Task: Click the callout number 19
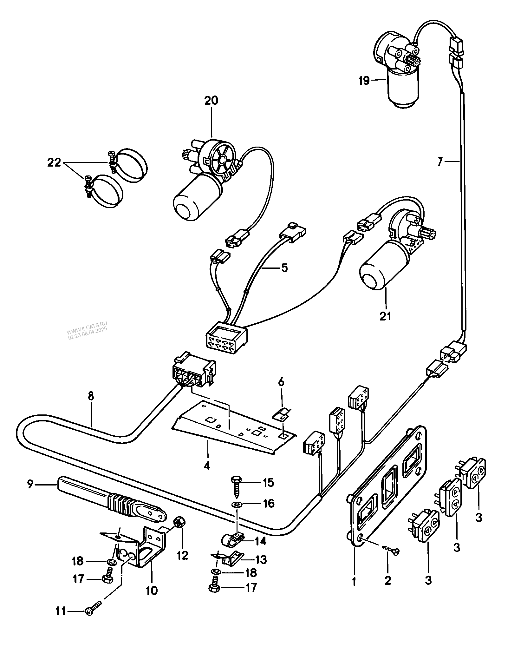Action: click(364, 81)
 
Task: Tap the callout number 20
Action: click(211, 101)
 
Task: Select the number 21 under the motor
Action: click(386, 316)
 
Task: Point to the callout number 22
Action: click(54, 163)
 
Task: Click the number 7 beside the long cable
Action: click(439, 162)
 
